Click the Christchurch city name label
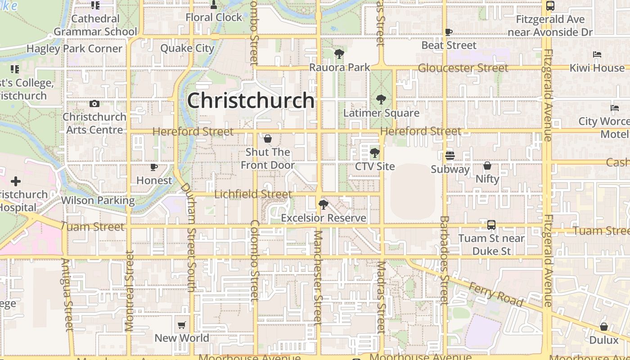(251, 100)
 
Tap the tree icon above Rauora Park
(339, 54)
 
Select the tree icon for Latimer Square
(381, 99)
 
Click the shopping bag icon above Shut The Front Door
(268, 139)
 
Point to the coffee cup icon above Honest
(154, 167)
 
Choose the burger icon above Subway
(450, 156)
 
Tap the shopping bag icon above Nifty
(487, 166)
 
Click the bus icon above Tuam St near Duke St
(491, 225)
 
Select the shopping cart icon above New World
(182, 325)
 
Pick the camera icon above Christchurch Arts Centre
(94, 103)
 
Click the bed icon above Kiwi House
(597, 54)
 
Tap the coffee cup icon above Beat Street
(449, 32)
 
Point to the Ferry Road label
(495, 294)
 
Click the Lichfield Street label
(253, 194)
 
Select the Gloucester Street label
(463, 68)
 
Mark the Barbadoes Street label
(444, 260)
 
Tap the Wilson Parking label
(98, 200)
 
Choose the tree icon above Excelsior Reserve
(323, 205)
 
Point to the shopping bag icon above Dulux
(604, 327)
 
